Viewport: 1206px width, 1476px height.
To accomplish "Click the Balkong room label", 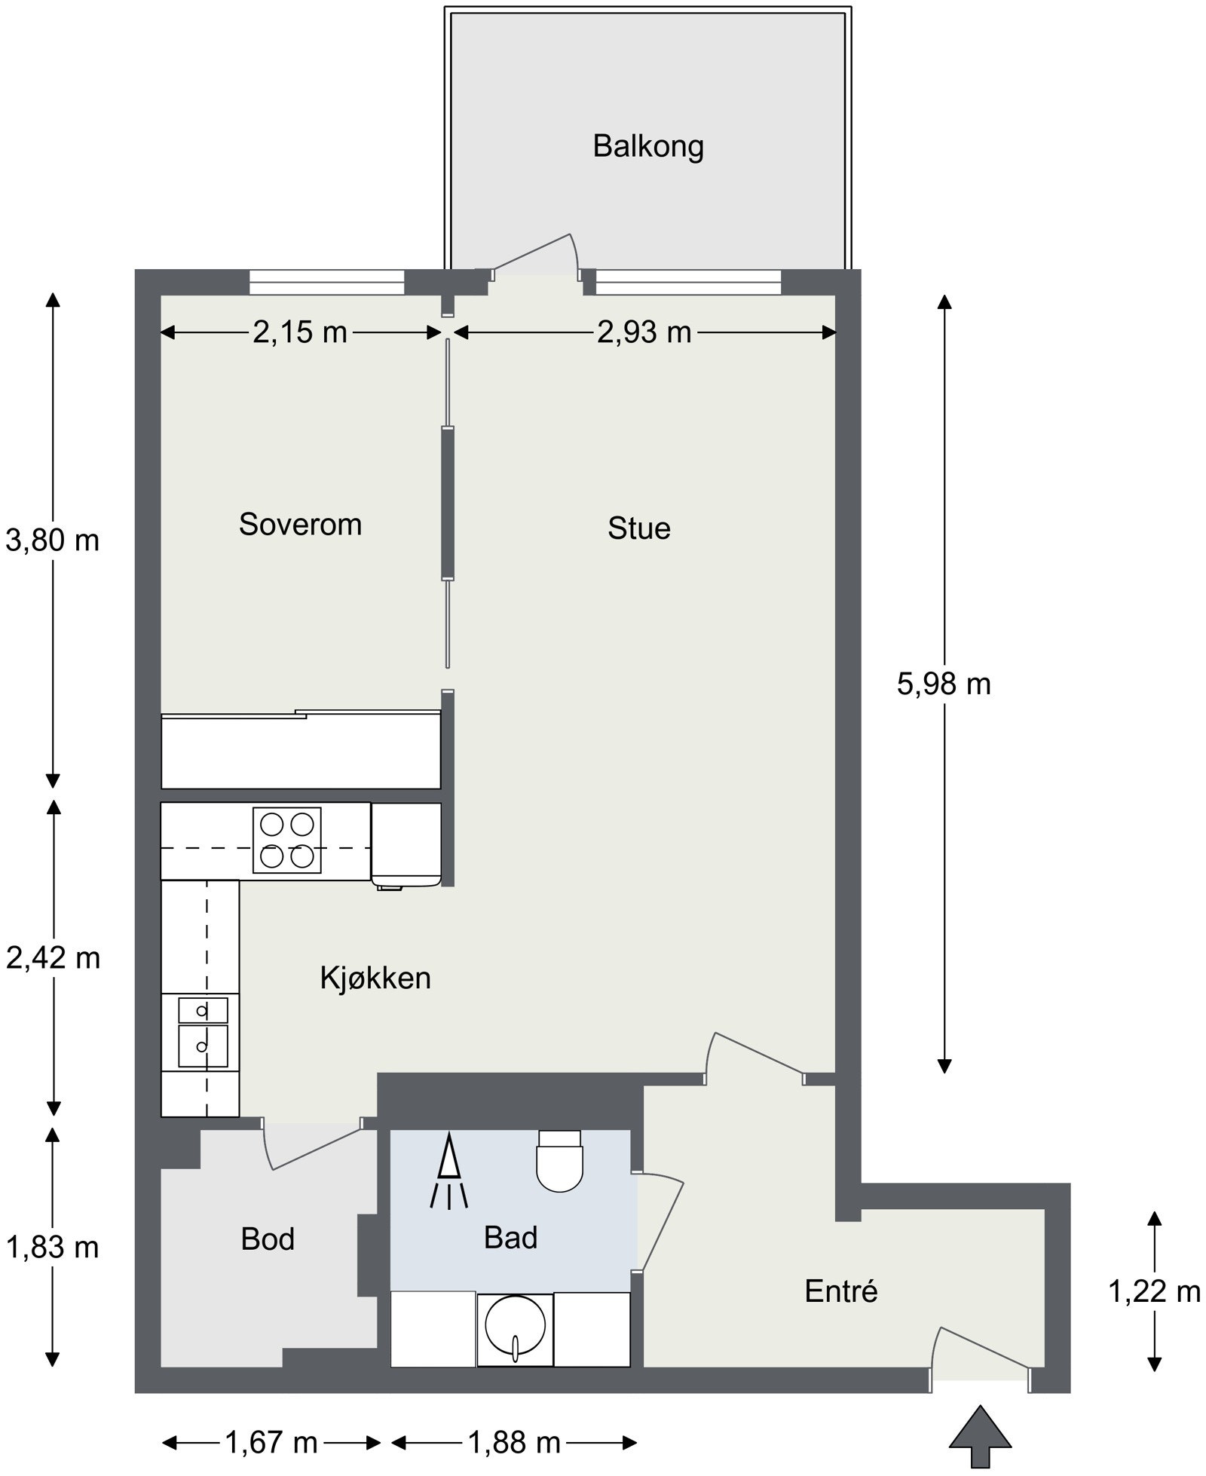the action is click(x=648, y=146).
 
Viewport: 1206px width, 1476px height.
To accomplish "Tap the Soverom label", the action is click(x=300, y=524).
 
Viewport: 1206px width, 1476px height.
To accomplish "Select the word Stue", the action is click(x=639, y=528).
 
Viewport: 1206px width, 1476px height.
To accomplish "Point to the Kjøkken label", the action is click(x=375, y=978).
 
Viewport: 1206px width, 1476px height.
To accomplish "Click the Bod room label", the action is click(x=268, y=1239).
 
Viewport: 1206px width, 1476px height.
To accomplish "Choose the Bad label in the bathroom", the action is click(x=510, y=1238).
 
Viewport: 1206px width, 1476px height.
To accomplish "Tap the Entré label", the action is click(x=841, y=1291).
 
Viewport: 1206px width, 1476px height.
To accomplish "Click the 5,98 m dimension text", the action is click(x=944, y=684).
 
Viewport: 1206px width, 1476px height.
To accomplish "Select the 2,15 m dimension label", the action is click(x=300, y=332).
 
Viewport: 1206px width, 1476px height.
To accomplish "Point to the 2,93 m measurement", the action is click(x=644, y=332).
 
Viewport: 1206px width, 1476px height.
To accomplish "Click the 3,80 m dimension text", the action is click(x=53, y=540).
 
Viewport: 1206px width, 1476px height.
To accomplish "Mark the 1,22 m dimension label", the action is click(x=1154, y=1292).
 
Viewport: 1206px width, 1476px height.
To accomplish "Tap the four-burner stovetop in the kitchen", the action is click(x=286, y=840).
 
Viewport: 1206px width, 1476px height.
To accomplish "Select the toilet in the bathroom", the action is click(x=560, y=1160).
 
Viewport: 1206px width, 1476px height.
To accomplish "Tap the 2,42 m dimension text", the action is click(x=53, y=958).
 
